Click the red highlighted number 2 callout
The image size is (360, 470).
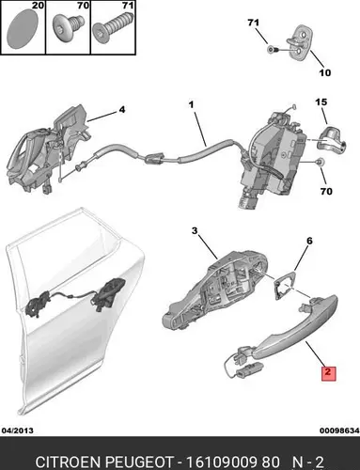pyautogui.click(x=328, y=373)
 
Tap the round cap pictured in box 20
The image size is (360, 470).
pyautogui.click(x=22, y=28)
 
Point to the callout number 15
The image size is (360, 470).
pyautogui.click(x=321, y=102)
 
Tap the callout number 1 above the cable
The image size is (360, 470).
pyautogui.click(x=191, y=104)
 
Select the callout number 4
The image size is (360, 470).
pyautogui.click(x=122, y=110)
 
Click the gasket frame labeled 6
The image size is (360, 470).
pyautogui.click(x=285, y=285)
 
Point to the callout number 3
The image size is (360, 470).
pyautogui.click(x=195, y=231)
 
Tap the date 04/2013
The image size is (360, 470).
pyautogui.click(x=18, y=431)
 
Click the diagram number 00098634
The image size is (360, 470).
pyautogui.click(x=339, y=431)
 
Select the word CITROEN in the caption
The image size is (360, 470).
pyautogui.click(x=68, y=462)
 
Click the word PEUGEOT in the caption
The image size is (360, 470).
pyautogui.click(x=139, y=462)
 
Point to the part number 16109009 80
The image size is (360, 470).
pyautogui.click(x=232, y=462)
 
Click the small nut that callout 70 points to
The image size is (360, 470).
pyautogui.click(x=320, y=162)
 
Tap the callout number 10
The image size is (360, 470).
pyautogui.click(x=325, y=72)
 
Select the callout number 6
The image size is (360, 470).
pyautogui.click(x=309, y=241)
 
